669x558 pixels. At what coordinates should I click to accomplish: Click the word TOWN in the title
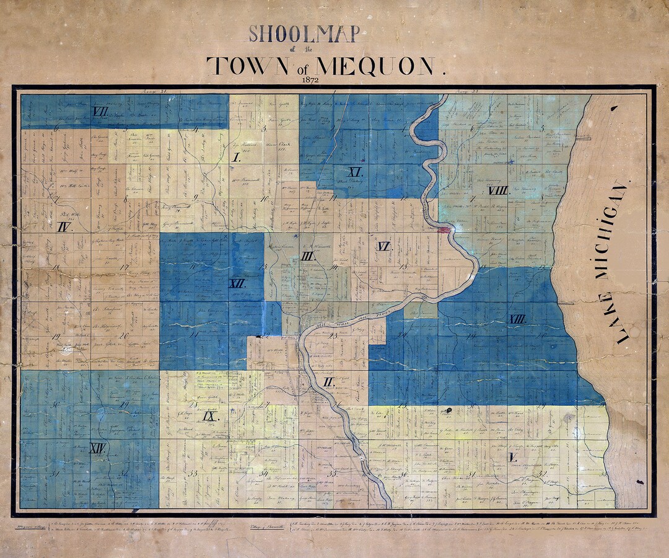[248, 65]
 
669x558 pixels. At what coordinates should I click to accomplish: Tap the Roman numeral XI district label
[355, 172]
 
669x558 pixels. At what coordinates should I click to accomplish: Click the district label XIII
[517, 319]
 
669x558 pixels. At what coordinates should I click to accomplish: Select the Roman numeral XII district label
[237, 283]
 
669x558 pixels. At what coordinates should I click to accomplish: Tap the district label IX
[209, 416]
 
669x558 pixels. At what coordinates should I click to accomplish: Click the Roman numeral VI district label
[384, 247]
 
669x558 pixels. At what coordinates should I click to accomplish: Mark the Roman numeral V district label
[512, 458]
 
